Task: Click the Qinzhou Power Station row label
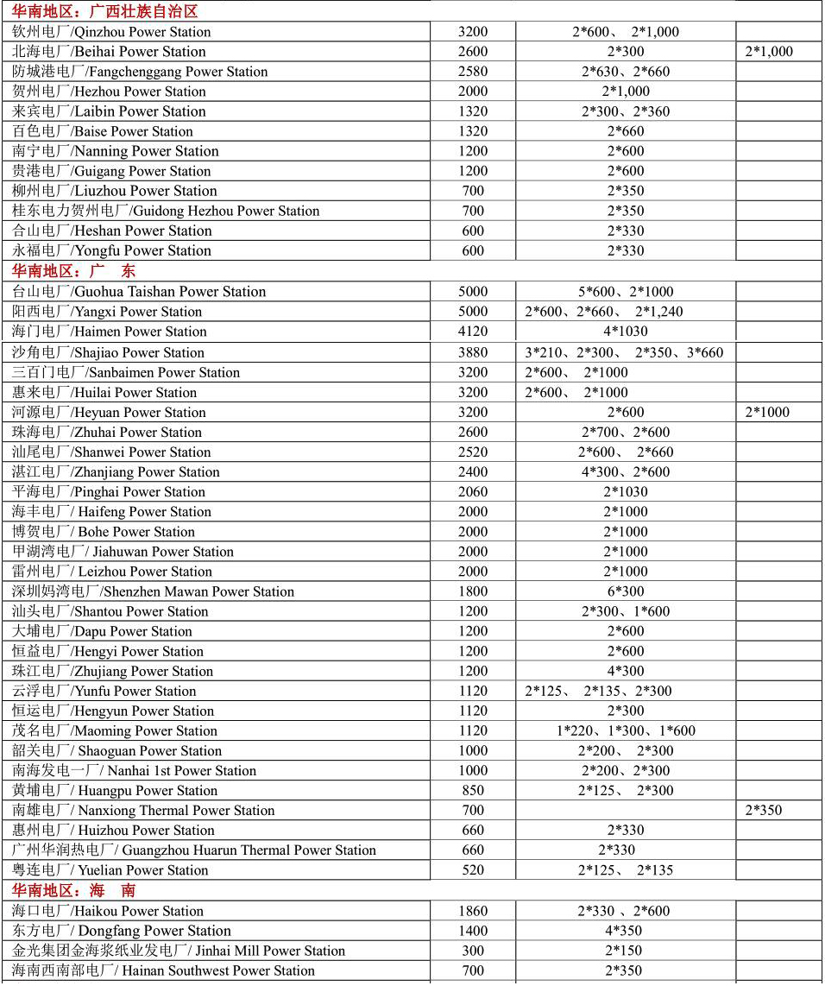(111, 32)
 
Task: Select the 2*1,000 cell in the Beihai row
(768, 52)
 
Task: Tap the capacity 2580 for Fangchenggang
(473, 72)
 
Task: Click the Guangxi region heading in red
(104, 11)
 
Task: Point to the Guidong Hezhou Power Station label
(166, 211)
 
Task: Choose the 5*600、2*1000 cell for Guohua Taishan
(626, 292)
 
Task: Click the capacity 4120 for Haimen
(473, 332)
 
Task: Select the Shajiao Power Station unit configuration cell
(624, 352)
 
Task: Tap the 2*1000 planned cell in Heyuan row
(767, 413)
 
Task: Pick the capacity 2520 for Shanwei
(473, 452)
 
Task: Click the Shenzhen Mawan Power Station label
(153, 592)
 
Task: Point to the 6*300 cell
(626, 592)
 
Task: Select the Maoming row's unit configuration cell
(626, 731)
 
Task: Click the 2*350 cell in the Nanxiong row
(763, 811)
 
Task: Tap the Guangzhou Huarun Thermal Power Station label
(194, 850)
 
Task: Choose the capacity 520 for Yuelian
(473, 870)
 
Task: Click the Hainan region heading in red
(73, 890)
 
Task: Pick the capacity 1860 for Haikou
(473, 911)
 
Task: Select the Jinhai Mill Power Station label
(179, 951)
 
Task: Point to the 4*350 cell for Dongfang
(626, 931)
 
